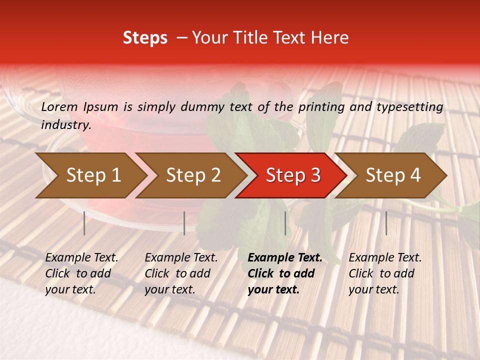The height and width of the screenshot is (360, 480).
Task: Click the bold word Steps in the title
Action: [x=145, y=38]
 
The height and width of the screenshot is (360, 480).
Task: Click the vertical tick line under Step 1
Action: [x=84, y=223]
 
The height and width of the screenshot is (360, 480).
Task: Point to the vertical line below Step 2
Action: [x=184, y=223]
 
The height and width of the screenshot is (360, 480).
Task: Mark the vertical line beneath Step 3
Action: [x=285, y=223]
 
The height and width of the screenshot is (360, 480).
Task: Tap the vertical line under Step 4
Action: [x=386, y=223]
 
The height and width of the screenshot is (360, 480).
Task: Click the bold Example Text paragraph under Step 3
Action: [x=285, y=273]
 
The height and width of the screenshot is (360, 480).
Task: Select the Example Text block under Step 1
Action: [x=81, y=273]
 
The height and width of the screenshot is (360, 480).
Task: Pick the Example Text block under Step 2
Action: [x=181, y=273]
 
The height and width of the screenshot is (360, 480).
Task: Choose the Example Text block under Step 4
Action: [x=385, y=273]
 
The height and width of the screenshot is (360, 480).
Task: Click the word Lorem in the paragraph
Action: [x=59, y=106]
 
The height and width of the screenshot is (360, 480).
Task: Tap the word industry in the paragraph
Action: [x=66, y=125]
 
